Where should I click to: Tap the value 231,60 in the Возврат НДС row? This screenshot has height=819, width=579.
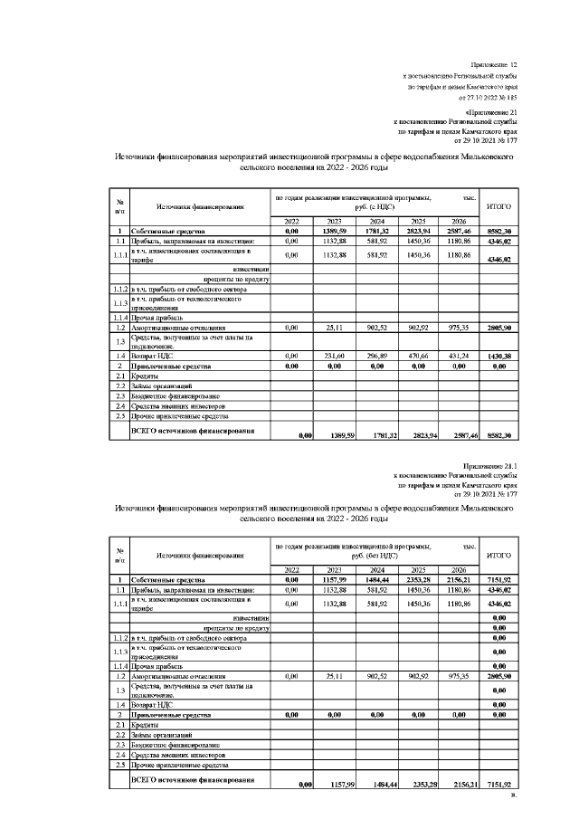335,357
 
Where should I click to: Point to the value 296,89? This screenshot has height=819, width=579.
376,357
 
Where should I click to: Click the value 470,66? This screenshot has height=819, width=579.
418,357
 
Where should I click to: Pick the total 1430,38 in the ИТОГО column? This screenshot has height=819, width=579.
499,357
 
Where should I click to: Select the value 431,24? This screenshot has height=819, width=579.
460,357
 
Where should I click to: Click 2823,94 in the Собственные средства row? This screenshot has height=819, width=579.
418,232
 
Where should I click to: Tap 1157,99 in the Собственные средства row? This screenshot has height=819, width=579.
335,579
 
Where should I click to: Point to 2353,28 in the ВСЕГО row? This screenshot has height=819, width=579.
418,786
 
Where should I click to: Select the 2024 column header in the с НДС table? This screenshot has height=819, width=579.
376,222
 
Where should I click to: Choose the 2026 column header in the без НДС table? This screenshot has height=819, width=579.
460,569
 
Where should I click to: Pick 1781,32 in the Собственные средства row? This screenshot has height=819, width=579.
376,232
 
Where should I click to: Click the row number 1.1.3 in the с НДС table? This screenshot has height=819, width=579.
119,302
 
